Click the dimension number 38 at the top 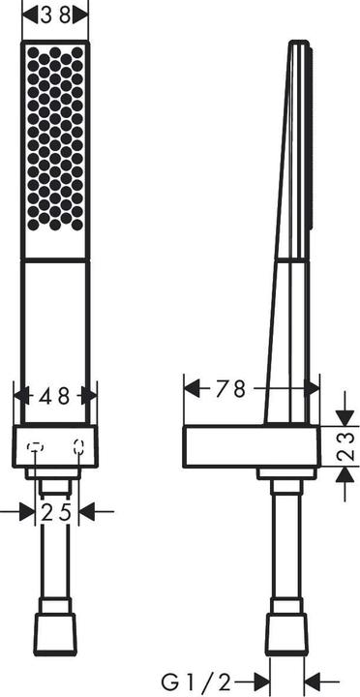[55, 15]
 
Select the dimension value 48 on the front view [55, 395]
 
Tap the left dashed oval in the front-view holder [35, 446]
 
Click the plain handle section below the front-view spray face [55, 329]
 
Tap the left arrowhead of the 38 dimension [29, 15]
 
